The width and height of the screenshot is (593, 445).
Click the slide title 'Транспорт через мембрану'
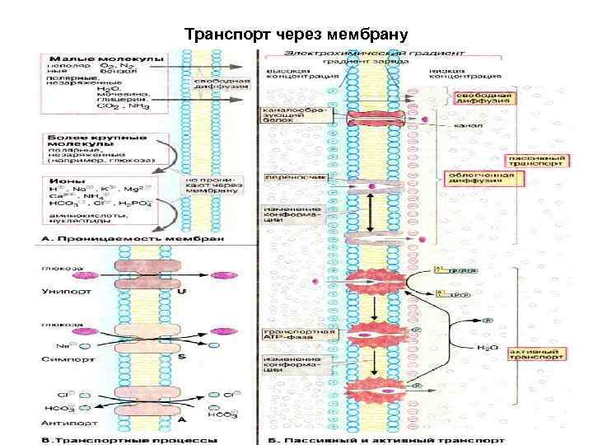click(x=296, y=35)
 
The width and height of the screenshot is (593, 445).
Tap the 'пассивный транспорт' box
click(x=537, y=160)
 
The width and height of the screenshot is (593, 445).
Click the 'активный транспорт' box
click(x=537, y=354)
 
